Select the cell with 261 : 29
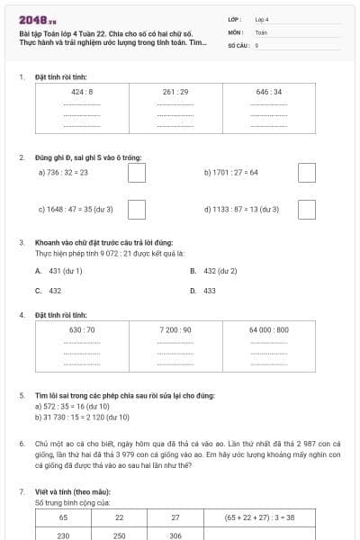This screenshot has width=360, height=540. [x=175, y=92]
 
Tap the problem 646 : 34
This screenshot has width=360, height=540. [x=269, y=92]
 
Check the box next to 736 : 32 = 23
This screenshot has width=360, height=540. [x=137, y=172]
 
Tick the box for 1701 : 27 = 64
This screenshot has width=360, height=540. [x=307, y=172]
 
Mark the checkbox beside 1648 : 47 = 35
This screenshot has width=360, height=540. [x=137, y=209]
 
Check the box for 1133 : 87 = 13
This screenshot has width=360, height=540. [x=307, y=209]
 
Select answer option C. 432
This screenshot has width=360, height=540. [x=49, y=291]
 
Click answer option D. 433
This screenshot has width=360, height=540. [x=204, y=291]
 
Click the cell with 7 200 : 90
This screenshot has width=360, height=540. [x=175, y=330]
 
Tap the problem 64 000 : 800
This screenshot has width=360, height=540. [x=269, y=330]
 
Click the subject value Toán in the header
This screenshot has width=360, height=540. [x=261, y=31]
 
